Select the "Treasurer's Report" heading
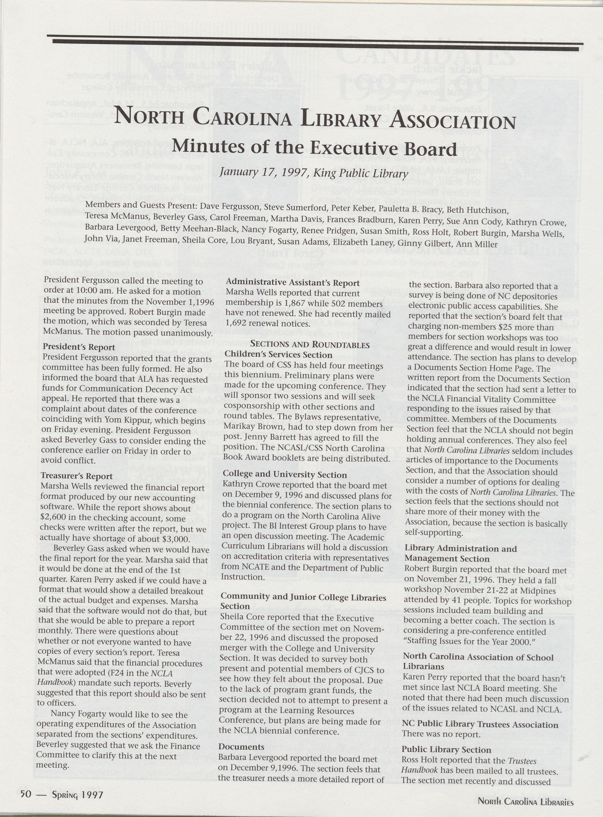pyautogui.click(x=77, y=476)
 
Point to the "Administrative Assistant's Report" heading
pyautogui.click(x=293, y=283)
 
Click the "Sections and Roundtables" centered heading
pyautogui.click(x=310, y=344)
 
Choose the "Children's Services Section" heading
pyautogui.click(x=279, y=355)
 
